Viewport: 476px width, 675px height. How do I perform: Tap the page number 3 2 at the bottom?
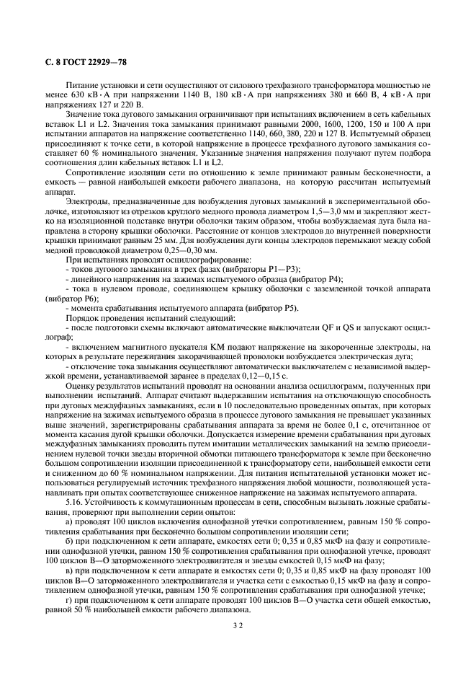click(238, 627)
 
